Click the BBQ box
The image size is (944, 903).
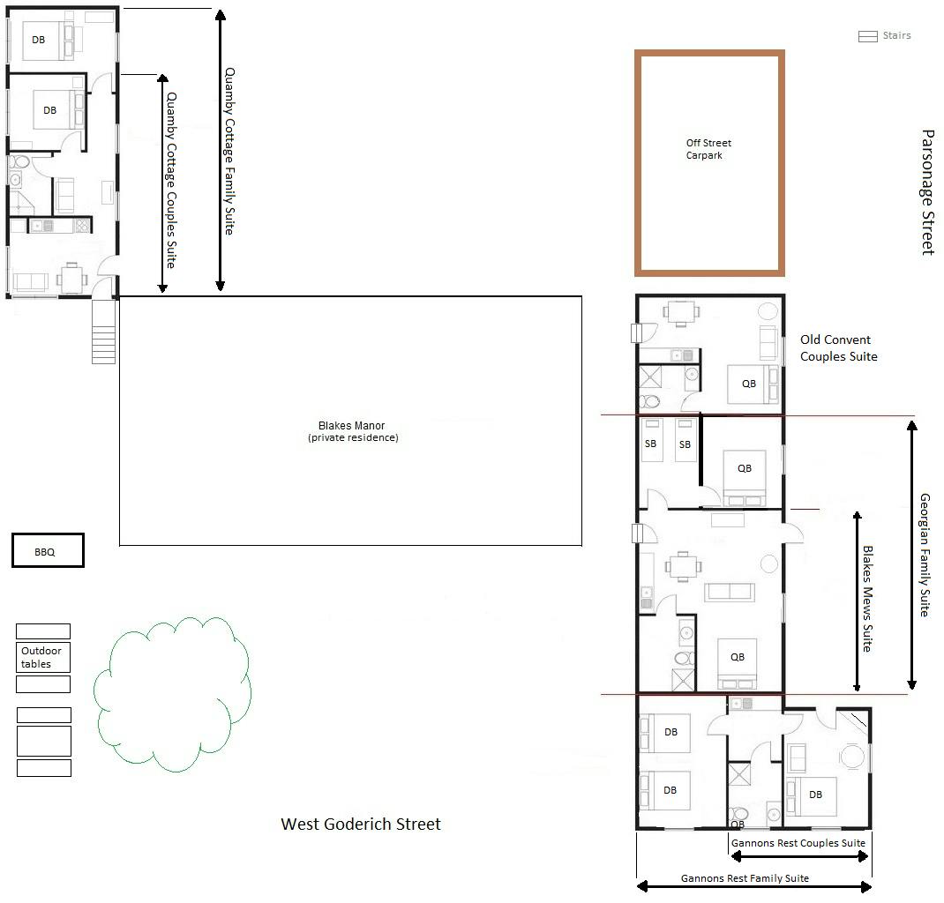[48, 550]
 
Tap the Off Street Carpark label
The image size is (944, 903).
[708, 149]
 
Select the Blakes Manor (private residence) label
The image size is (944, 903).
[353, 431]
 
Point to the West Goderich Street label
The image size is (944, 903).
[361, 825]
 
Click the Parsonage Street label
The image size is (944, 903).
[928, 192]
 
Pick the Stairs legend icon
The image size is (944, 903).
[867, 37]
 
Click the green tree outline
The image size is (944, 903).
[172, 694]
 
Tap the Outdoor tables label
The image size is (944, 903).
[41, 657]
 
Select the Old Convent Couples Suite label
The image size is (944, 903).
[839, 347]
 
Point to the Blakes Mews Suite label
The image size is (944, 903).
[867, 599]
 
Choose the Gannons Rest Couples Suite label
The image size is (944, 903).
[798, 843]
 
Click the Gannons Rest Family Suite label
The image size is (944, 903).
[745, 878]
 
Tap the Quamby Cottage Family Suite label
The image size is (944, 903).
[229, 151]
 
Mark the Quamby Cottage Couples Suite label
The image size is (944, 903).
[171, 180]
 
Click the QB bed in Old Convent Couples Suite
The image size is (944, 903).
[753, 384]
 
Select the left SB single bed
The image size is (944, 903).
[652, 440]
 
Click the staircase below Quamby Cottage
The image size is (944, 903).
[103, 332]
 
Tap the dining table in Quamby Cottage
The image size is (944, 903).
[72, 279]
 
